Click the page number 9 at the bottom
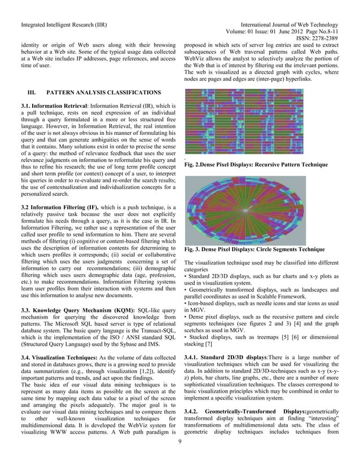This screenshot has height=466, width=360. point(179,456)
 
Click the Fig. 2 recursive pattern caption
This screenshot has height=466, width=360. point(256,164)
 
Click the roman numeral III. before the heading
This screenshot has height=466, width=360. point(25,91)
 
